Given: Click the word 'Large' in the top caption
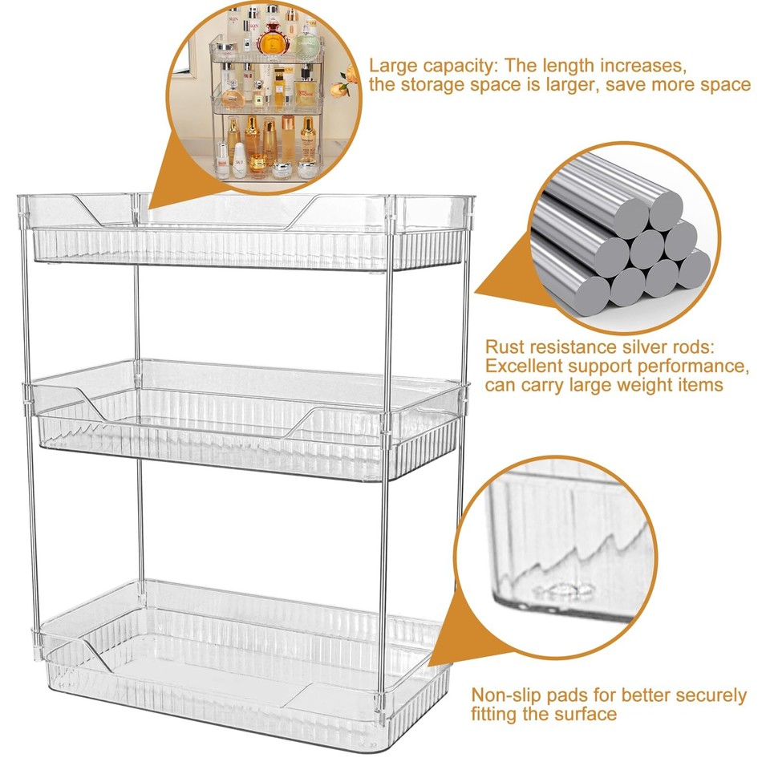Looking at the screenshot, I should [391, 64].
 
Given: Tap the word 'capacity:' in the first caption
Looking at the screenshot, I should [454, 65].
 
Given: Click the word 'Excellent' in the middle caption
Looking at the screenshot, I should [521, 367].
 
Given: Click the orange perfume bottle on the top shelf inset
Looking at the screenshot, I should [273, 38].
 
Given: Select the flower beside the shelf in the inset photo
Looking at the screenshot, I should [346, 78].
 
